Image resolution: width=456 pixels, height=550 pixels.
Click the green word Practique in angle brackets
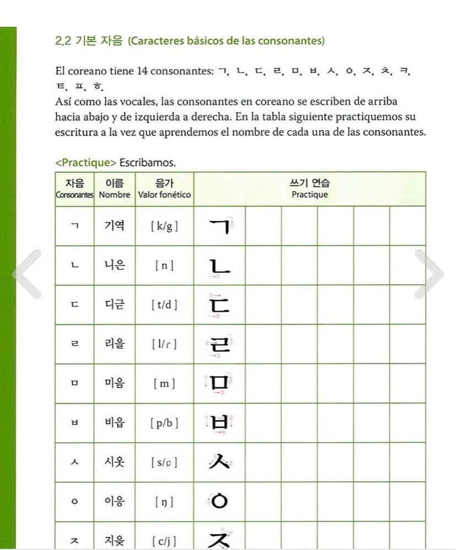(x=85, y=162)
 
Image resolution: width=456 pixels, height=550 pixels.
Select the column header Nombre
(x=115, y=194)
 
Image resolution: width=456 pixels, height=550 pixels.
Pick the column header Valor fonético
(x=165, y=194)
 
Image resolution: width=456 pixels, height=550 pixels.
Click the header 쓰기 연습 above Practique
(x=310, y=183)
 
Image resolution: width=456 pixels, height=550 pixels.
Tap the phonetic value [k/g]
(x=164, y=226)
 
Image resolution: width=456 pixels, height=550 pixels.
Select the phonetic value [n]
(x=164, y=265)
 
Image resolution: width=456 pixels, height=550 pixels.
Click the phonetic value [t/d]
(x=164, y=304)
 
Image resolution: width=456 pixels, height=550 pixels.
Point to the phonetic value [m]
(x=164, y=384)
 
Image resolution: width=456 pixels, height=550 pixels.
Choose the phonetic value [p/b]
(x=164, y=423)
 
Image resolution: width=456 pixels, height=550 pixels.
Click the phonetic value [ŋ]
(x=164, y=502)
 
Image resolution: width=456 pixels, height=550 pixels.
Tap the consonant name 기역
(x=115, y=225)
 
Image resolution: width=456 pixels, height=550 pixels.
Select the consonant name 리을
(x=115, y=344)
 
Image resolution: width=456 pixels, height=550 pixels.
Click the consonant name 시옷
(x=115, y=462)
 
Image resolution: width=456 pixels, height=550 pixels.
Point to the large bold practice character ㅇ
(x=219, y=501)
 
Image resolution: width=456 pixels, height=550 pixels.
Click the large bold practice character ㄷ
(x=219, y=304)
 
